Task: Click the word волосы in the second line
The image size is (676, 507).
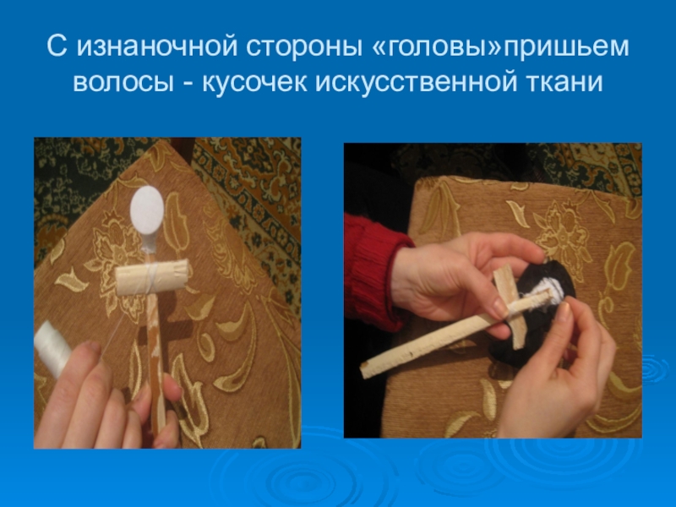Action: [123, 82]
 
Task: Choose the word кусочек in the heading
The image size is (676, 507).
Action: [254, 82]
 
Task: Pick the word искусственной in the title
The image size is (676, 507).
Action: [416, 82]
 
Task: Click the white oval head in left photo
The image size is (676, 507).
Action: [146, 209]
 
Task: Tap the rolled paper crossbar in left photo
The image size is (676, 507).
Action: [153, 277]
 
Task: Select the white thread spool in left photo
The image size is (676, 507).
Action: [51, 348]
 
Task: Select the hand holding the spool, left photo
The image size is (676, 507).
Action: [103, 401]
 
